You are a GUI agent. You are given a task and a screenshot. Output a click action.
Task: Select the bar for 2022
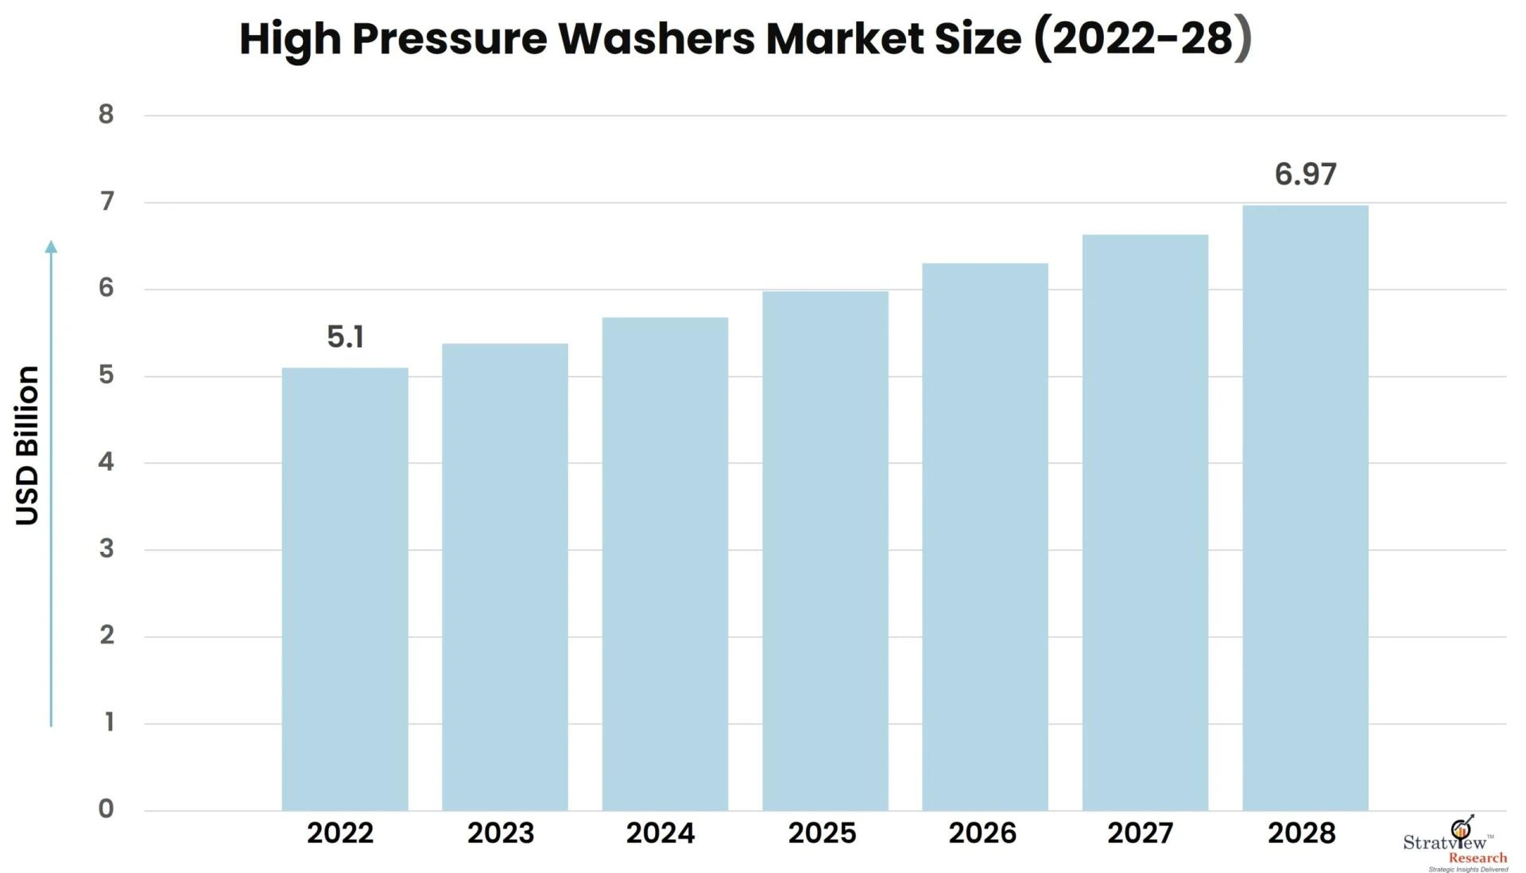pyautogui.click(x=345, y=588)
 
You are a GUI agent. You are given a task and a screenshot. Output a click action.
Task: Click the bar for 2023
pyautogui.click(x=505, y=576)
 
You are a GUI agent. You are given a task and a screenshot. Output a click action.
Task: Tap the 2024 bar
pyautogui.click(x=665, y=564)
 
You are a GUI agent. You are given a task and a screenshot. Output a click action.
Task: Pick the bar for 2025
pyautogui.click(x=825, y=550)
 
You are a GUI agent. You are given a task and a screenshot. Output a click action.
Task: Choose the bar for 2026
pyautogui.click(x=985, y=537)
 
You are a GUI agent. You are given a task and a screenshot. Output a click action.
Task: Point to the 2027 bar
pyautogui.click(x=1145, y=522)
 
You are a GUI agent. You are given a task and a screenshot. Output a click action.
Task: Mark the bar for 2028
pyautogui.click(x=1305, y=508)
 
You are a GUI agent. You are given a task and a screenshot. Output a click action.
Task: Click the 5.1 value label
pyautogui.click(x=345, y=337)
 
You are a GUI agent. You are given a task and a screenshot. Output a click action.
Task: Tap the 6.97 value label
pyautogui.click(x=1305, y=174)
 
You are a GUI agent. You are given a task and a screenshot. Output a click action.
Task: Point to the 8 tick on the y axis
pyautogui.click(x=107, y=114)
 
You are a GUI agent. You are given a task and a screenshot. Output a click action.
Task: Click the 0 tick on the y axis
pyautogui.click(x=107, y=809)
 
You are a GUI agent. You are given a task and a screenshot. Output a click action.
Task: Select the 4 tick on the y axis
pyautogui.click(x=107, y=461)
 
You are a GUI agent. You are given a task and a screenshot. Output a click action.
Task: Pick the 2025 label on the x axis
pyautogui.click(x=822, y=833)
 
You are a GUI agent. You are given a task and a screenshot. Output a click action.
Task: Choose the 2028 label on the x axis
pyautogui.click(x=1301, y=833)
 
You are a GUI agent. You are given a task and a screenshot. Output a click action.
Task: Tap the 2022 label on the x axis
pyautogui.click(x=340, y=833)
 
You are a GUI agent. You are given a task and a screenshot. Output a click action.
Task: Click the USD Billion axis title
pyautogui.click(x=27, y=445)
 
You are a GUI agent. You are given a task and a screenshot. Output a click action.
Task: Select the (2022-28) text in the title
pyautogui.click(x=1142, y=38)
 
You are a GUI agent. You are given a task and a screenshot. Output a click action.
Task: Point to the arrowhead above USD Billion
pyautogui.click(x=51, y=246)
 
